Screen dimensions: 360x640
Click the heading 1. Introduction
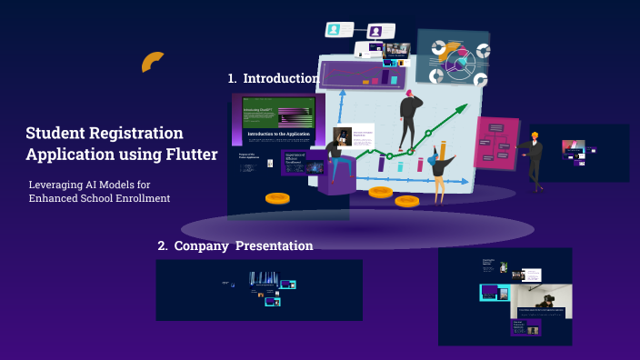tap(273, 78)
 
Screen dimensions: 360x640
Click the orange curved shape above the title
tap(153, 61)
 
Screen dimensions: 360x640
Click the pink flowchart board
tap(495, 143)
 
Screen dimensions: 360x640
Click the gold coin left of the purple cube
tap(277, 197)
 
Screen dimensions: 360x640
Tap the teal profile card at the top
tap(339, 29)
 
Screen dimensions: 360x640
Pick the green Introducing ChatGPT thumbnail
tap(278, 113)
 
